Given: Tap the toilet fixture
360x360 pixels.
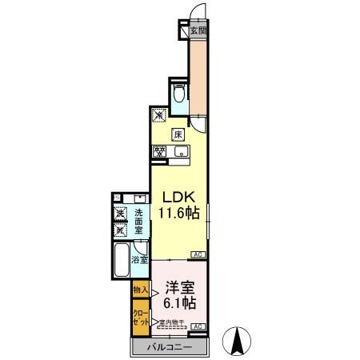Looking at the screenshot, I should coord(179,97).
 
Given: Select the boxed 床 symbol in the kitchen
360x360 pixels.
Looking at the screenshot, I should coord(179,134).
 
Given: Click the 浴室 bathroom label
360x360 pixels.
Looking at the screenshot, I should coord(140,260).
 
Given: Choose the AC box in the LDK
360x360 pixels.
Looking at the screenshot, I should coord(197,255).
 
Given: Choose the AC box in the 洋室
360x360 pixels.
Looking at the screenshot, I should coord(197,326).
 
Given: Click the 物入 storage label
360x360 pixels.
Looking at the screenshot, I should coord(140,288).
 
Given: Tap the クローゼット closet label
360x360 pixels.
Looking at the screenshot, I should coord(139,317).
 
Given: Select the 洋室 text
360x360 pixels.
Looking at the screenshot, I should coord(181,286).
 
